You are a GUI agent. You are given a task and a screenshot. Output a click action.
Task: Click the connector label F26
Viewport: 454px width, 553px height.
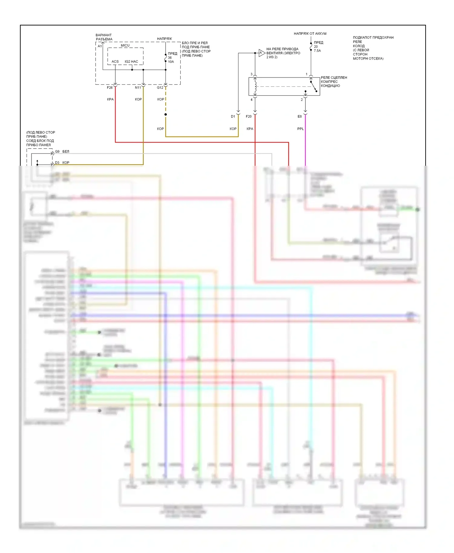pyautogui.click(x=110, y=88)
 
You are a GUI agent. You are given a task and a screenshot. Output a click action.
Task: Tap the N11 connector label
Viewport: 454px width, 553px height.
pyautogui.click(x=138, y=88)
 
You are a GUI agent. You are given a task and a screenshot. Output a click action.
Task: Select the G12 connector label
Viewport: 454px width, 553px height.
pyautogui.click(x=160, y=88)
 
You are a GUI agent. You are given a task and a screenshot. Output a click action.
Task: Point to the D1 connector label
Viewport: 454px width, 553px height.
pyautogui.click(x=233, y=116)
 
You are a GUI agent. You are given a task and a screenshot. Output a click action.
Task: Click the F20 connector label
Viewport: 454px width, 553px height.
pyautogui.click(x=249, y=116)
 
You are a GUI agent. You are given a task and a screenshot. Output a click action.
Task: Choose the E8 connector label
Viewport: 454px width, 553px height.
pyautogui.click(x=300, y=116)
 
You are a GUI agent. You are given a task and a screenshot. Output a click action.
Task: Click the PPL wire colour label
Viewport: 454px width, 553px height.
pyautogui.click(x=300, y=129)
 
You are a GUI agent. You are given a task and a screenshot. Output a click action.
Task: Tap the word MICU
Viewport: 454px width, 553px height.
pyautogui.click(x=125, y=45)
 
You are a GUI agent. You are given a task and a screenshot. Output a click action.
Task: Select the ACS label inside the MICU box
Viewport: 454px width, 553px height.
pyautogui.click(x=115, y=62)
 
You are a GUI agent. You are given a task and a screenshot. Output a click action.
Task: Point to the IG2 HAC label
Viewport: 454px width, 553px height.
pyautogui.click(x=131, y=62)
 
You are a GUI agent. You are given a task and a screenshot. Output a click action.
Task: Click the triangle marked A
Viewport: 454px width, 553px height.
pyautogui.click(x=262, y=53)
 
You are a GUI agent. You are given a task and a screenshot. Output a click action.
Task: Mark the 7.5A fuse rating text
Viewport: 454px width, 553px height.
pyautogui.click(x=317, y=51)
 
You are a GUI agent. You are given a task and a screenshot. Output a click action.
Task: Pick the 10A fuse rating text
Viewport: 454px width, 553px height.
pyautogui.click(x=171, y=62)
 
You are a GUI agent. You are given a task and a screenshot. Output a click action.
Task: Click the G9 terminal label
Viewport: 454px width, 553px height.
pyautogui.click(x=57, y=152)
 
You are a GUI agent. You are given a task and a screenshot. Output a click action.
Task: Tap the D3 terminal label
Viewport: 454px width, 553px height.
pyautogui.click(x=57, y=163)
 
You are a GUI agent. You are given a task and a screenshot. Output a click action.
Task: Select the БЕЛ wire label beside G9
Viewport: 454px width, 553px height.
pyautogui.click(x=66, y=152)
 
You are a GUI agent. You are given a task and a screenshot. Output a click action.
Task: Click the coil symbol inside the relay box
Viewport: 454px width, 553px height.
pyautogui.click(x=255, y=86)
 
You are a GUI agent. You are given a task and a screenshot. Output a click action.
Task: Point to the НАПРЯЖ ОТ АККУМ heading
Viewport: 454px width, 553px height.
pyautogui.click(x=310, y=34)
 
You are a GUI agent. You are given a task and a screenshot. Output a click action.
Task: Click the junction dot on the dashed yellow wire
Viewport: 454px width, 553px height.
pyautogui.click(x=166, y=114)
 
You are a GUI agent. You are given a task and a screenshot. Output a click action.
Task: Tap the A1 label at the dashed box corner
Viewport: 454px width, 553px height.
pyautogui.click(x=100, y=46)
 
